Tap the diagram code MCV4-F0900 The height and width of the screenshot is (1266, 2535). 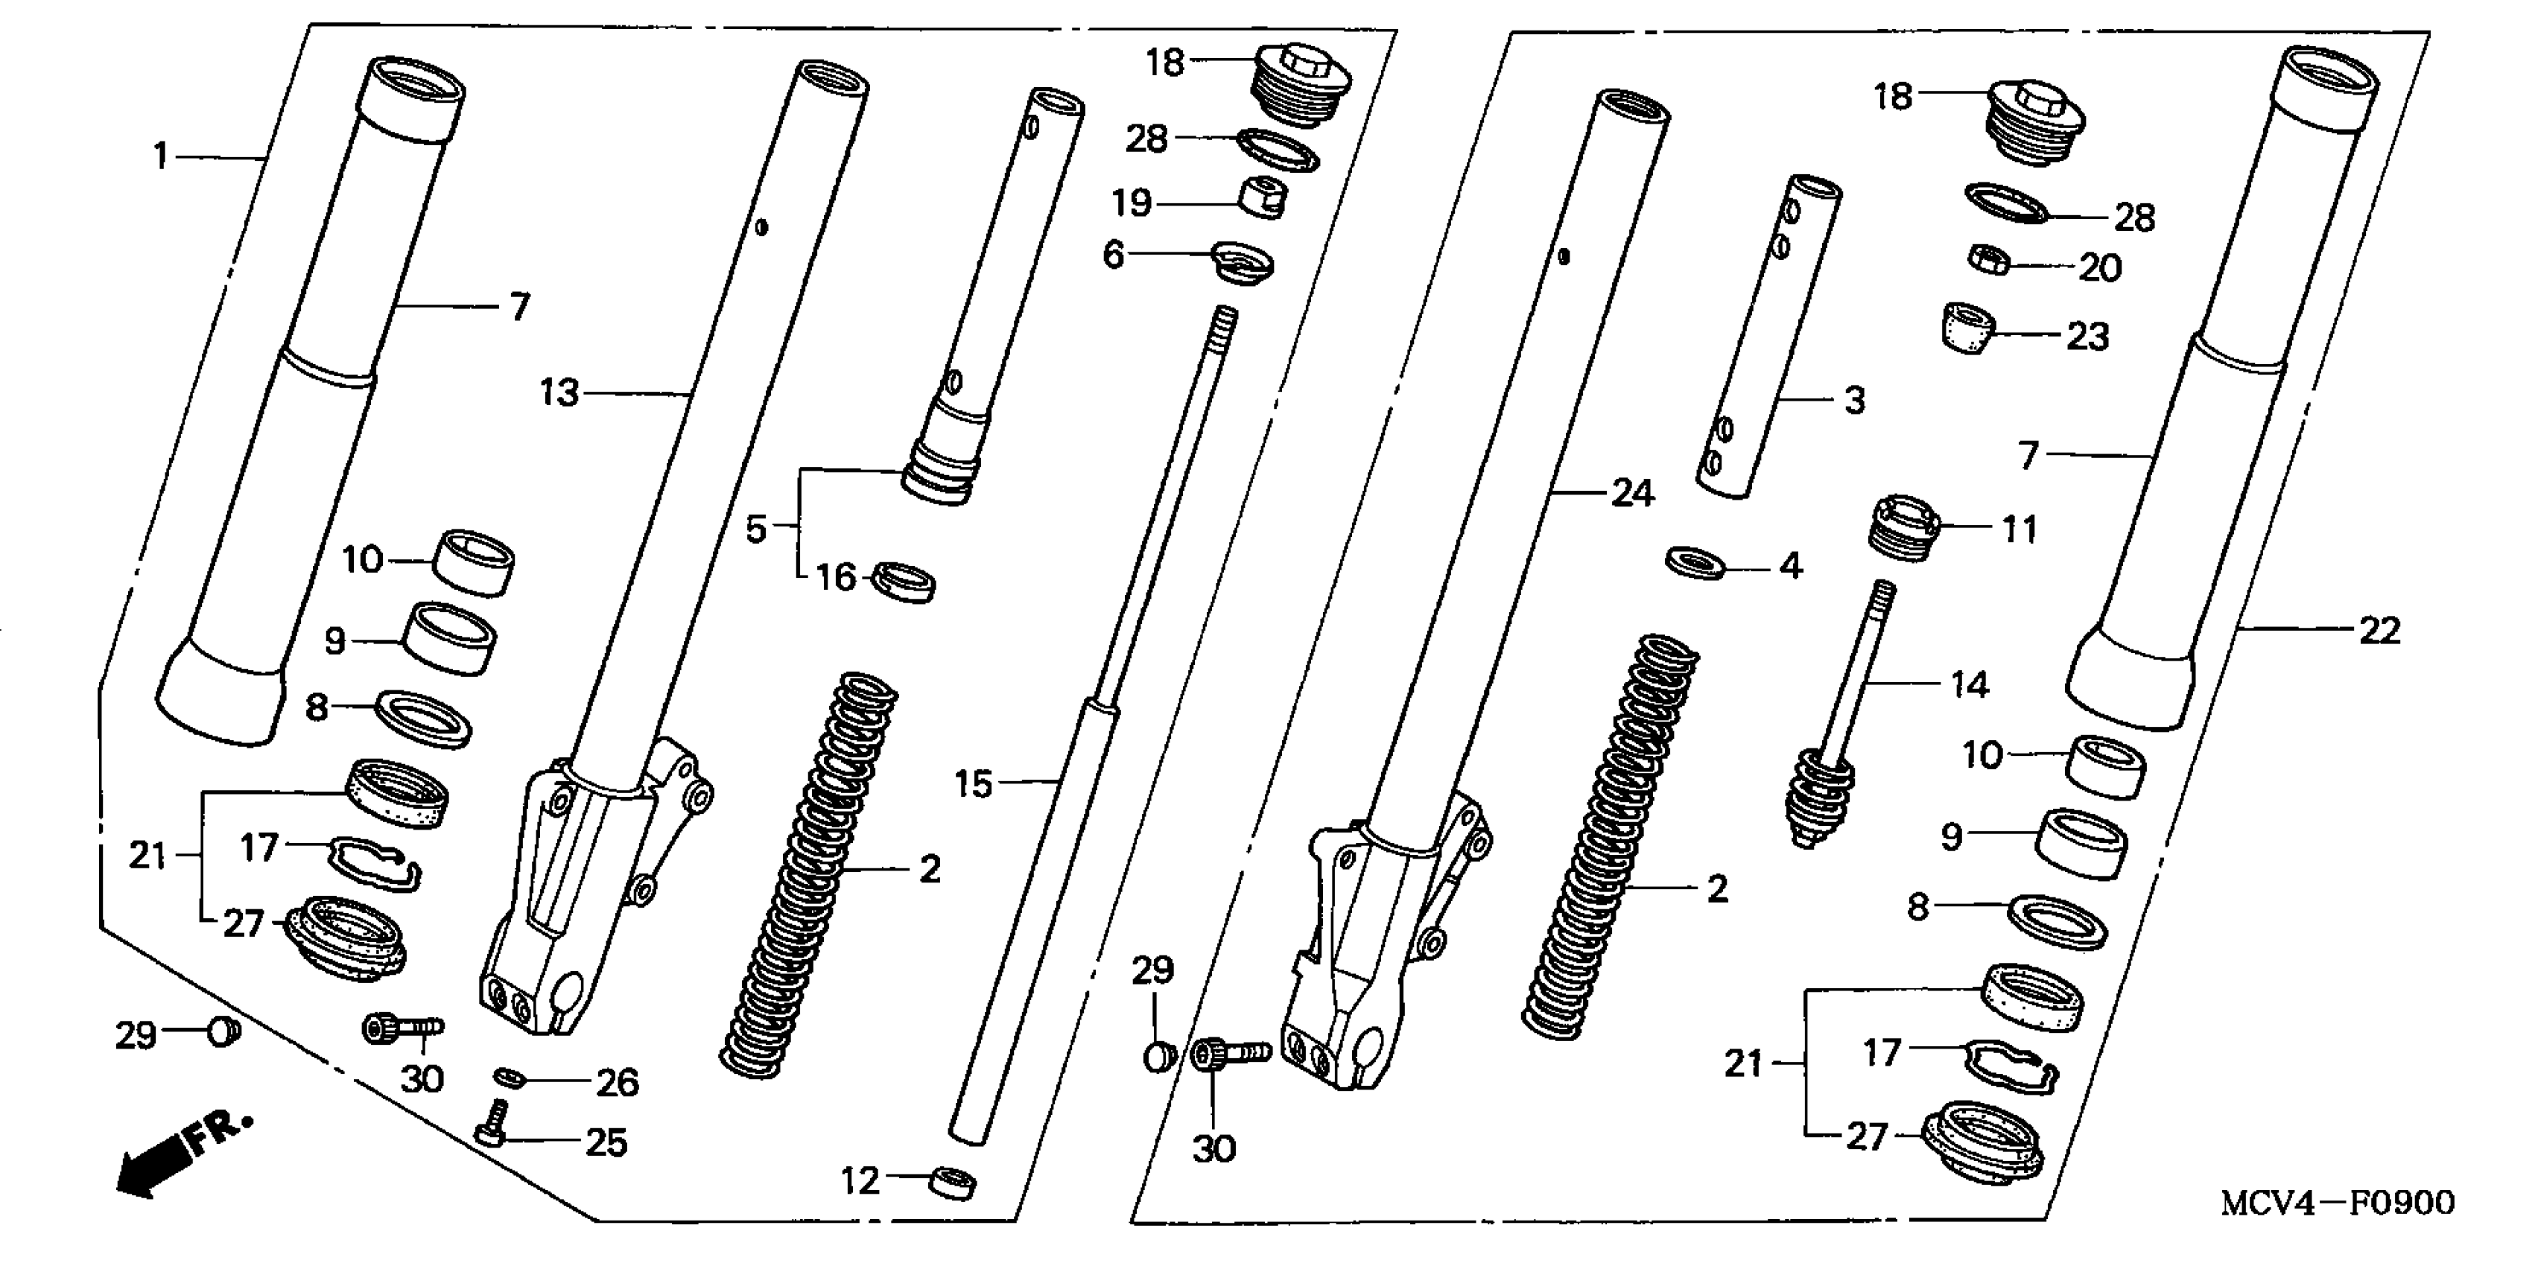2337,1202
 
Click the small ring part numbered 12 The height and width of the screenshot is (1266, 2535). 954,1183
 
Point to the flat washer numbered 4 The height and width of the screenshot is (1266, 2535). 1695,564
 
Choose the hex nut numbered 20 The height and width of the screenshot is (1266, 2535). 1989,261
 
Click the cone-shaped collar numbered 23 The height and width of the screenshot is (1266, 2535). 1968,328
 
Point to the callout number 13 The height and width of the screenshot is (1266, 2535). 560,393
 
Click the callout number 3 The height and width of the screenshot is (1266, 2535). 1854,401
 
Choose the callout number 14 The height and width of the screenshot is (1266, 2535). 1969,684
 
